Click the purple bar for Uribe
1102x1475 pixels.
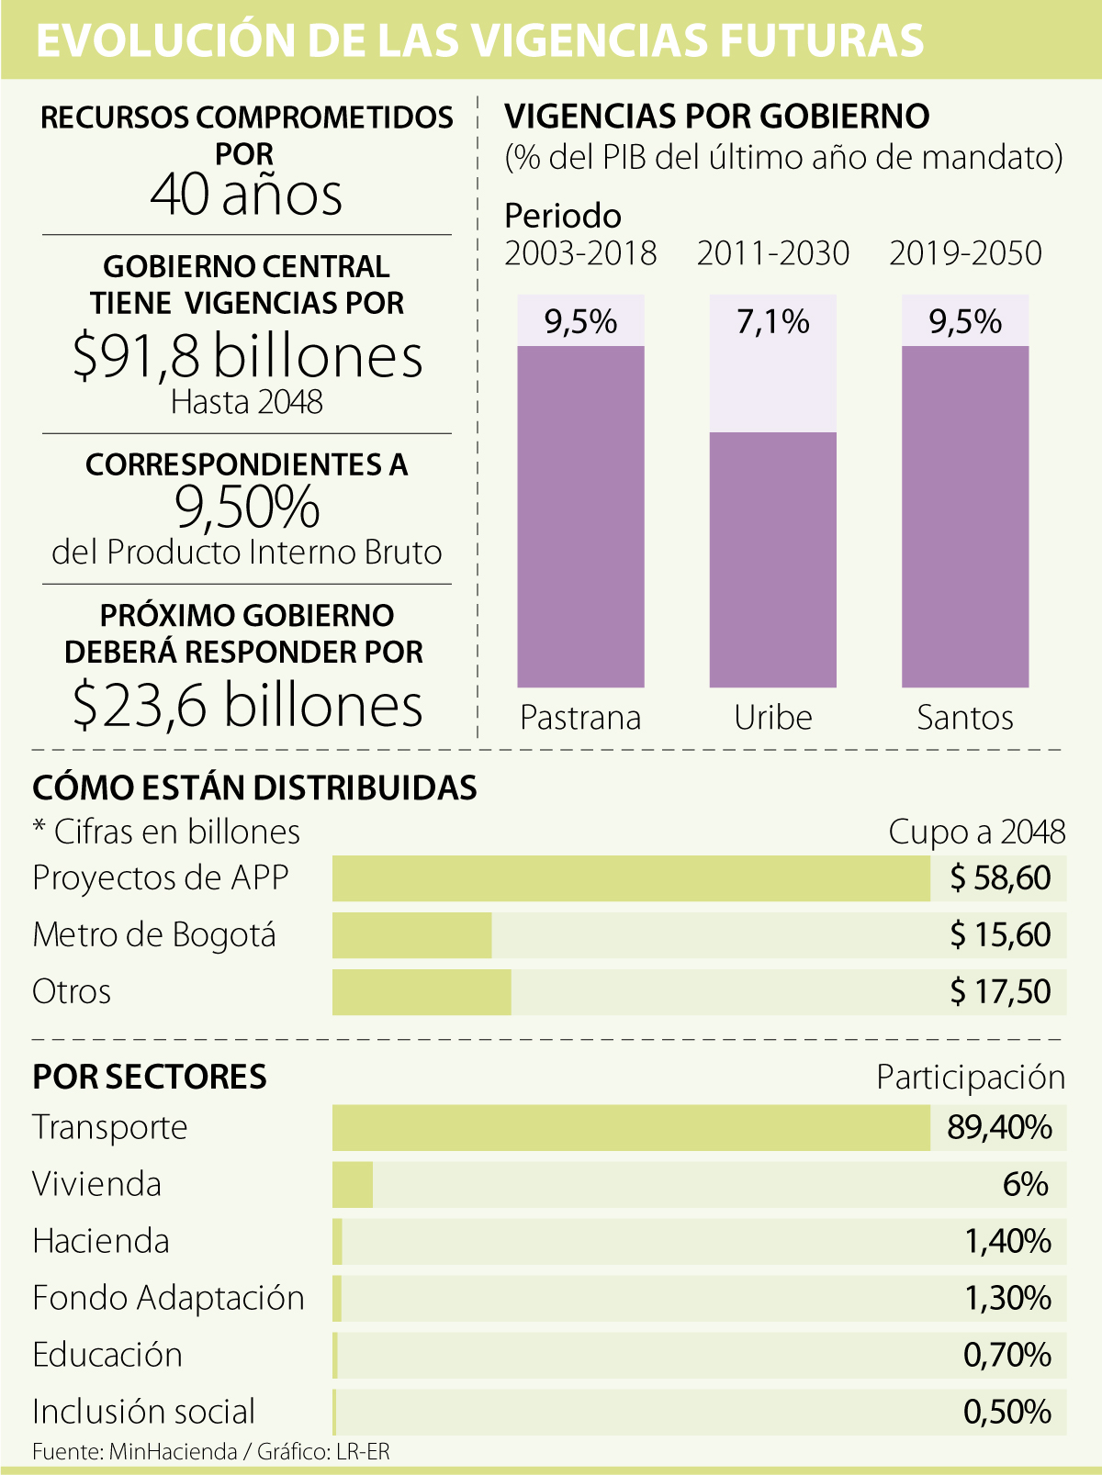tap(772, 559)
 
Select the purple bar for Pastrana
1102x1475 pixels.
tap(580, 516)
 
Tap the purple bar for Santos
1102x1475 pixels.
tap(964, 516)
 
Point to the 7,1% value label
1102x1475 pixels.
tap(772, 322)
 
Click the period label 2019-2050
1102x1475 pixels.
tap(965, 253)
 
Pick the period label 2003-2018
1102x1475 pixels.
tap(580, 253)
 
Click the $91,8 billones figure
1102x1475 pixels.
tap(247, 356)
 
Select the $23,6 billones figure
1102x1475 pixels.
tap(247, 705)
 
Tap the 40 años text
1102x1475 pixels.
tap(246, 195)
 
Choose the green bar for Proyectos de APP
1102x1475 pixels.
tap(631, 878)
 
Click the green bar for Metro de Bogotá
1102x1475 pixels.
tap(411, 935)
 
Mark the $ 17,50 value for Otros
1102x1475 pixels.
tap(1000, 992)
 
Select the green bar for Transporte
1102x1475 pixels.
tap(631, 1128)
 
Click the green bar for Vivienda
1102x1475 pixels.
tap(353, 1185)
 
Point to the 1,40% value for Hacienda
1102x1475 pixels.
tap(1007, 1242)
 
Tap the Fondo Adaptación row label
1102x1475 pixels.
tap(168, 1298)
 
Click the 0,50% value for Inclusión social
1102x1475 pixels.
tap(1007, 1412)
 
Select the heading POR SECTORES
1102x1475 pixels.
tap(150, 1077)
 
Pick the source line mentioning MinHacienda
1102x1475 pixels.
tap(211, 1451)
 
